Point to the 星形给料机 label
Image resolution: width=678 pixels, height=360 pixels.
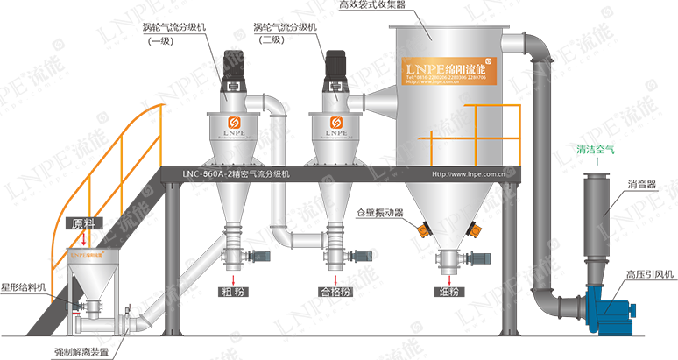pos(24,286)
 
